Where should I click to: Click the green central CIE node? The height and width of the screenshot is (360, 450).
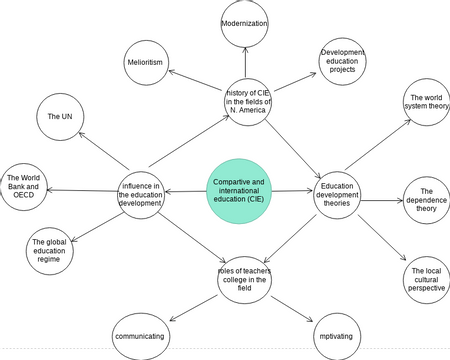pos(237,188)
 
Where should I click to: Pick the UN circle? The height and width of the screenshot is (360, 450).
pos(60,117)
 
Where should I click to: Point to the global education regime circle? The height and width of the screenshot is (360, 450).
pos(52,249)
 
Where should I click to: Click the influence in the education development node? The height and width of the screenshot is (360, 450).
pos(141,194)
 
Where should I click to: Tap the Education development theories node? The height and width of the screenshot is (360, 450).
pos(338,195)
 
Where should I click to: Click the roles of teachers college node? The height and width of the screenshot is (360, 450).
pos(244,279)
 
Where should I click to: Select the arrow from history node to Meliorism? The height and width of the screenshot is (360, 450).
pos(196,81)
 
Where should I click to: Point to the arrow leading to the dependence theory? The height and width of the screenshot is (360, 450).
pos(383,200)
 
